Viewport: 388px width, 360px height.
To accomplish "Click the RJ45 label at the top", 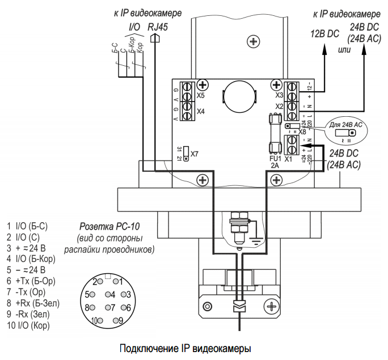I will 157,27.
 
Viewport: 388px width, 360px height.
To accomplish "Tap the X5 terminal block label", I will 200,96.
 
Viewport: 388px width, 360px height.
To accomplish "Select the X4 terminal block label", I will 200,111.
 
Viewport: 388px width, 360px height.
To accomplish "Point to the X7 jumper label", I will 195,154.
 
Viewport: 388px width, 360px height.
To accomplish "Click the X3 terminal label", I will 279,95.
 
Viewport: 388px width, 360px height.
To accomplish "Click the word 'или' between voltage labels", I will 344,50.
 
